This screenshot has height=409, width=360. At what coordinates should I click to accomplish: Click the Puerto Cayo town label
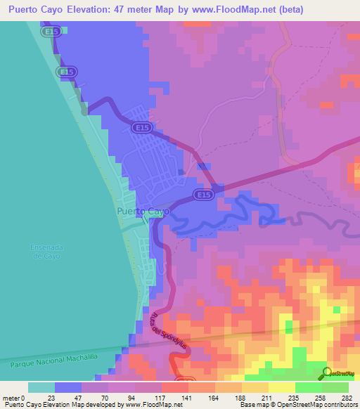(143, 211)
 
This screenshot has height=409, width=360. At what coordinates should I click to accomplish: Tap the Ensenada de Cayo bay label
(46, 252)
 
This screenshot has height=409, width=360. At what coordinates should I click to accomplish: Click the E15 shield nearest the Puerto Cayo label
(203, 195)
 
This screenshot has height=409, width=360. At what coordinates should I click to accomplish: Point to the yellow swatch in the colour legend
(282, 387)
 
